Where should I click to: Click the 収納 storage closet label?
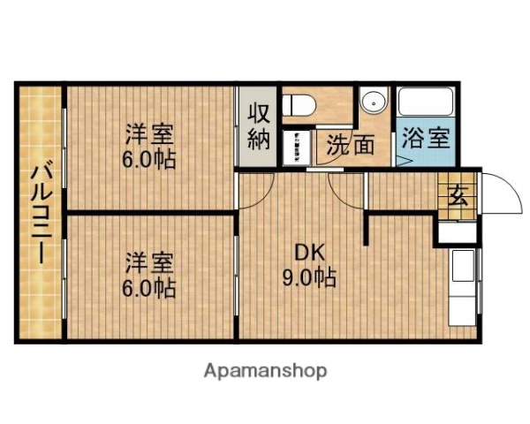[x=257, y=126]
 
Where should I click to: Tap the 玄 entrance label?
[x=460, y=195]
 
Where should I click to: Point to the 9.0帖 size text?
[x=308, y=277]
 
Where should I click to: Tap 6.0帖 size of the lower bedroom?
[x=148, y=287]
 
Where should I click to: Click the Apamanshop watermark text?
[x=265, y=370]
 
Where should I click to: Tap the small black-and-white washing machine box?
[x=295, y=147]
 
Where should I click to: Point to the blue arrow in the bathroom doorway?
[x=403, y=162]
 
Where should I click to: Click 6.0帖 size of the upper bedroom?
[x=148, y=160]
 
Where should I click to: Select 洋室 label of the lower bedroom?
[x=148, y=262]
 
